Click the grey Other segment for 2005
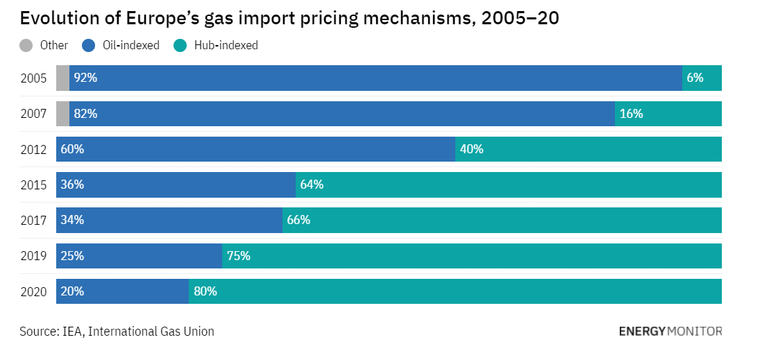62,78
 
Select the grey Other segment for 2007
62,114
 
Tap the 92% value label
85,78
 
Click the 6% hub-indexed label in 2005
695,78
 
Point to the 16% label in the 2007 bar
631,114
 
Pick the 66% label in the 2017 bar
298,221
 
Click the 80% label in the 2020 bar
205,291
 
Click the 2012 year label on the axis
33,150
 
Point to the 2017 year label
33,221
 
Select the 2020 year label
33,292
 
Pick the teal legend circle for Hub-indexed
180,46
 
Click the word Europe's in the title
158,19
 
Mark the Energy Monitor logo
670,332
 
